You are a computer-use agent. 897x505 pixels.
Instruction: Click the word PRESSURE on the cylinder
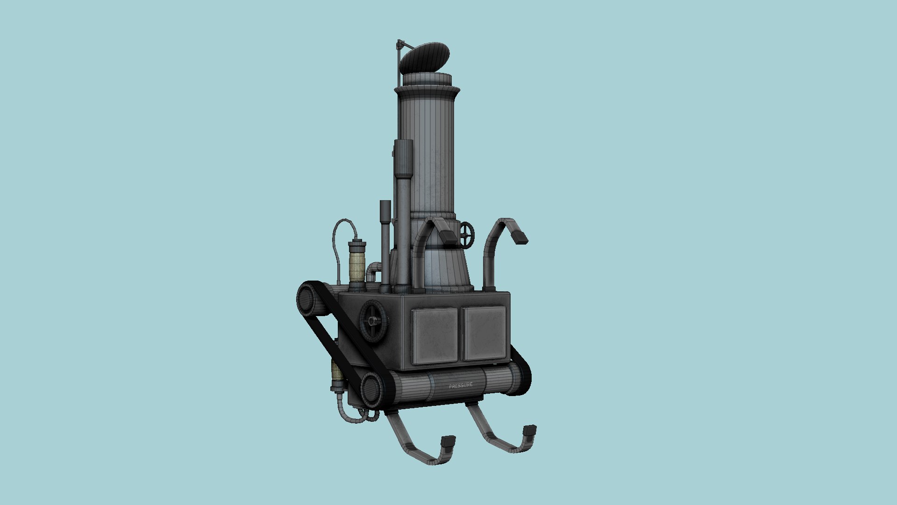(x=461, y=385)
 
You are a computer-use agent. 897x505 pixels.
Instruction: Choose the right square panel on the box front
(x=484, y=333)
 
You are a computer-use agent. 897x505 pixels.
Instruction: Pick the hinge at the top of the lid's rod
(x=399, y=45)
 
